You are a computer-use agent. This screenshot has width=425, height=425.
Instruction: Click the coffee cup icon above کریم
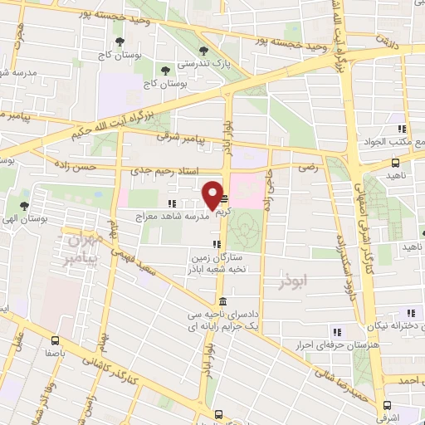coord(224,199)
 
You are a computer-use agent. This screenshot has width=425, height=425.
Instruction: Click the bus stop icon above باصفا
coord(55,340)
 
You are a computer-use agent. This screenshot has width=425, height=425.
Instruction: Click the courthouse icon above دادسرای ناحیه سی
coord(222,300)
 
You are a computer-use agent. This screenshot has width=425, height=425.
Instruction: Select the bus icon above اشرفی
coord(385,397)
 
